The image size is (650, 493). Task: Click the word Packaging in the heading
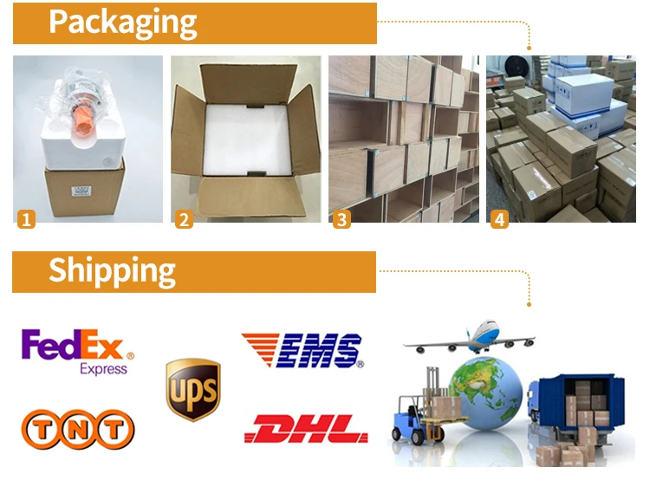click(122, 23)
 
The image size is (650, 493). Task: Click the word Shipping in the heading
click(112, 270)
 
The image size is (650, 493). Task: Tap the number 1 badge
click(27, 220)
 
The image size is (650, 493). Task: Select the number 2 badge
click(184, 220)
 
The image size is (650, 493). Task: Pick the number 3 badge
click(341, 220)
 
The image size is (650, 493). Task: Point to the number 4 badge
click(499, 220)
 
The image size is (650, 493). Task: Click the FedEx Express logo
click(77, 351)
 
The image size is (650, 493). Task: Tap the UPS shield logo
click(192, 389)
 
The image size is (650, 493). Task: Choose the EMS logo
click(302, 350)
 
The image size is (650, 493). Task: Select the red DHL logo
click(306, 428)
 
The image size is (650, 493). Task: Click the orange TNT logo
click(77, 428)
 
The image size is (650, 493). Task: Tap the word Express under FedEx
click(102, 369)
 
